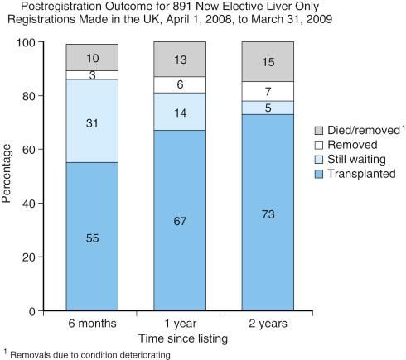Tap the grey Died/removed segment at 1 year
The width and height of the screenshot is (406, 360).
pos(180,60)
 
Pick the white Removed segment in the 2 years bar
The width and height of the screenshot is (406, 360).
pos(268,91)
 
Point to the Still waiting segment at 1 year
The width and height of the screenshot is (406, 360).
pos(180,112)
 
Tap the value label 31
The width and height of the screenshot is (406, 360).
pos(92,122)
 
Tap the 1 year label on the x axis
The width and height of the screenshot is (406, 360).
pos(180,324)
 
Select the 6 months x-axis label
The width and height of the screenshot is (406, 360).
pos(92,324)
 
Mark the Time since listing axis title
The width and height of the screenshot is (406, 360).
pos(180,338)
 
